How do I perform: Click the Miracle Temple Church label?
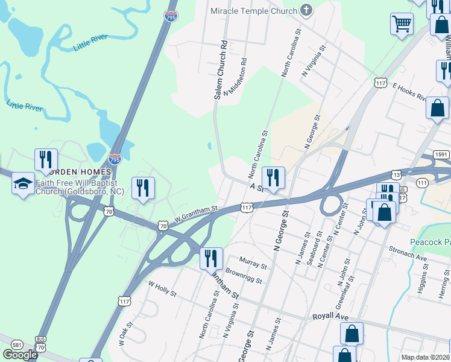tap(253, 11)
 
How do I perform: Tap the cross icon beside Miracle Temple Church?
tap(306, 10)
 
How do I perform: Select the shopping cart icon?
tap(401, 25)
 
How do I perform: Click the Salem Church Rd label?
tap(221, 69)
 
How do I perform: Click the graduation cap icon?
tap(23, 183)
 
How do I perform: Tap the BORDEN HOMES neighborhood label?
tap(83, 173)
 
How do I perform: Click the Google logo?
tap(20, 354)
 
